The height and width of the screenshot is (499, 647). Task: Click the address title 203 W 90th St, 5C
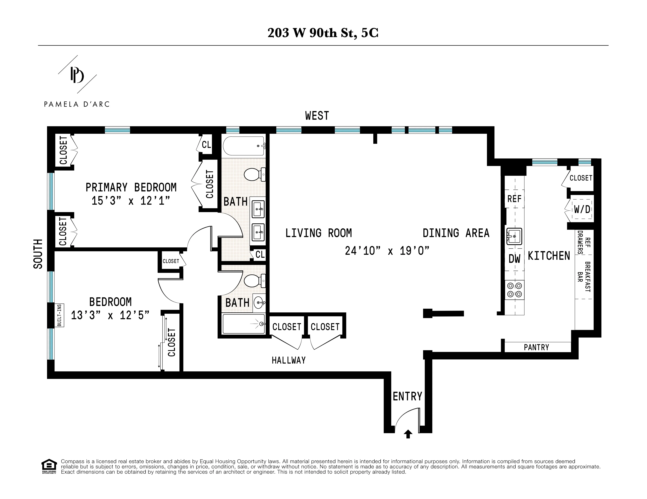pyautogui.click(x=323, y=33)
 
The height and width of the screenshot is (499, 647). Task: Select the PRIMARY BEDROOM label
pyautogui.click(x=131, y=187)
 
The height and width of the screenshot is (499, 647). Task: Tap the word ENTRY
pyautogui.click(x=407, y=396)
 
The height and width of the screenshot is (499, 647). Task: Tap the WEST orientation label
pyautogui.click(x=317, y=116)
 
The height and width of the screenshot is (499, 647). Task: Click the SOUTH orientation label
pyautogui.click(x=38, y=254)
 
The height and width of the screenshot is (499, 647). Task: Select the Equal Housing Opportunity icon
pyautogui.click(x=49, y=466)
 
